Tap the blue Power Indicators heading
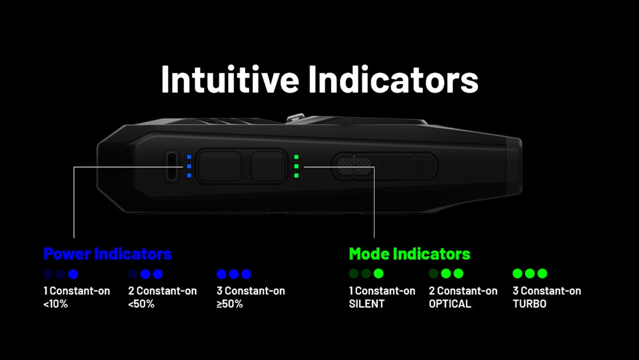pos(107,254)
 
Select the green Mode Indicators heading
pos(410,254)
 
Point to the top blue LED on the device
pos(189,157)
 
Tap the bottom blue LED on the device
pos(189,175)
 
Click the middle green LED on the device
pos(296,166)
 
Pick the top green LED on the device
pos(296,157)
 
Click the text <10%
pos(56,304)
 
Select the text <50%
pos(141,304)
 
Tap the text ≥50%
pos(229,304)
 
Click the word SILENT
pos(367,304)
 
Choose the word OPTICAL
pos(449,304)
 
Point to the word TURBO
pos(530,304)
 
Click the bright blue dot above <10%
pos(73,274)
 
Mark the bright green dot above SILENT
pos(378,274)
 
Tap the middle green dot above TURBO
pos(530,274)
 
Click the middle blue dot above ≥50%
pos(234,274)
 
